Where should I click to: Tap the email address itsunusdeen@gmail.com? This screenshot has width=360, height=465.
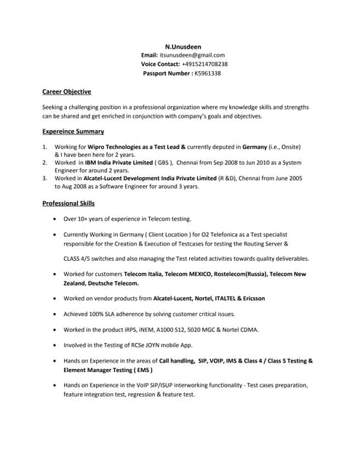192,55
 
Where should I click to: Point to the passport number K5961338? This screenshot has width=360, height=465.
207,73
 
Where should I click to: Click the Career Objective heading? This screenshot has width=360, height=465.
67,92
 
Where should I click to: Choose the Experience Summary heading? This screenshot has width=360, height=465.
73,132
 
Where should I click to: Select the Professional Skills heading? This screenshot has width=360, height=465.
73,203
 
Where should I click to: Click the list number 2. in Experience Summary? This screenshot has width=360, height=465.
45,163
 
